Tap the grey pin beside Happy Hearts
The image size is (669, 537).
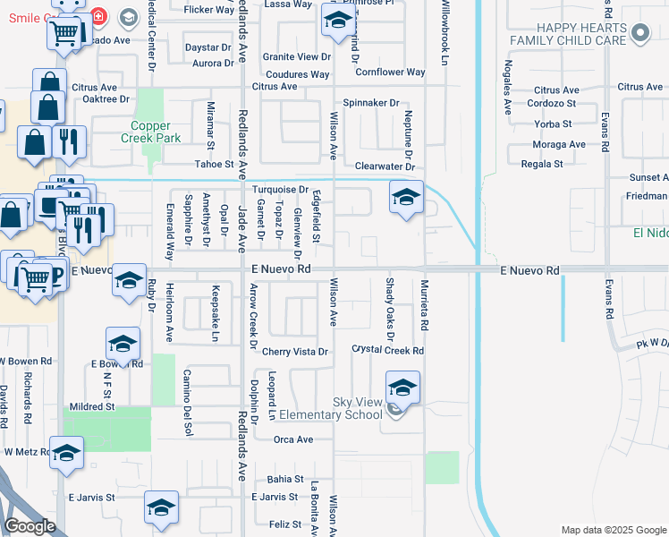click(x=639, y=34)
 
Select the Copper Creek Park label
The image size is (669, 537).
click(x=157, y=132)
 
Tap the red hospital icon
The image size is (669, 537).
click(x=98, y=15)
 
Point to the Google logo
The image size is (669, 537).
click(x=30, y=526)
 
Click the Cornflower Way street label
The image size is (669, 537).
click(x=390, y=72)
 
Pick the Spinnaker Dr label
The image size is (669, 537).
click(x=371, y=103)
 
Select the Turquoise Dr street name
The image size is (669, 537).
click(x=280, y=190)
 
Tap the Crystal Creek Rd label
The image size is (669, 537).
click(x=387, y=350)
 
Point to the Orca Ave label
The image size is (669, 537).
click(x=293, y=439)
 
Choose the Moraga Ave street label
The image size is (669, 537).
click(x=559, y=144)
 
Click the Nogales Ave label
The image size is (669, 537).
click(x=507, y=86)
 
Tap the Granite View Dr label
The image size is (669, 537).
click(x=291, y=56)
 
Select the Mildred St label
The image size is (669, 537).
click(x=92, y=406)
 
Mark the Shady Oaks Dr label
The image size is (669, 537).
click(x=390, y=309)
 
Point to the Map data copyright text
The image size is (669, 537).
click(x=613, y=530)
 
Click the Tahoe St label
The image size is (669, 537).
click(x=214, y=165)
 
